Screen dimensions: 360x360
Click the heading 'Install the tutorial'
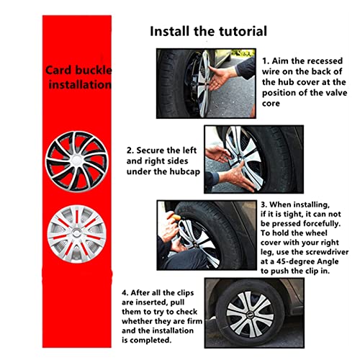208,31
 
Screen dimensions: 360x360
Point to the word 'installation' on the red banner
80,85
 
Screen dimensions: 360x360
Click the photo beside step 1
206,84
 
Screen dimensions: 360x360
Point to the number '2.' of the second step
130,151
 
